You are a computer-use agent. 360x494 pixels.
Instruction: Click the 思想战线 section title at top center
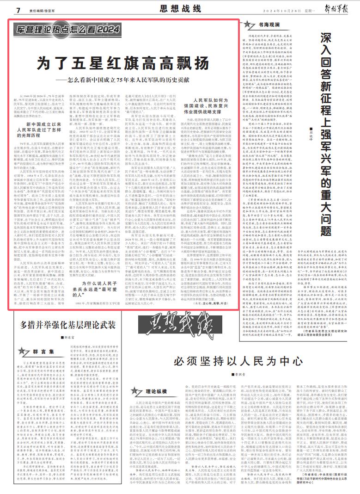pyautogui.click(x=180, y=9)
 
